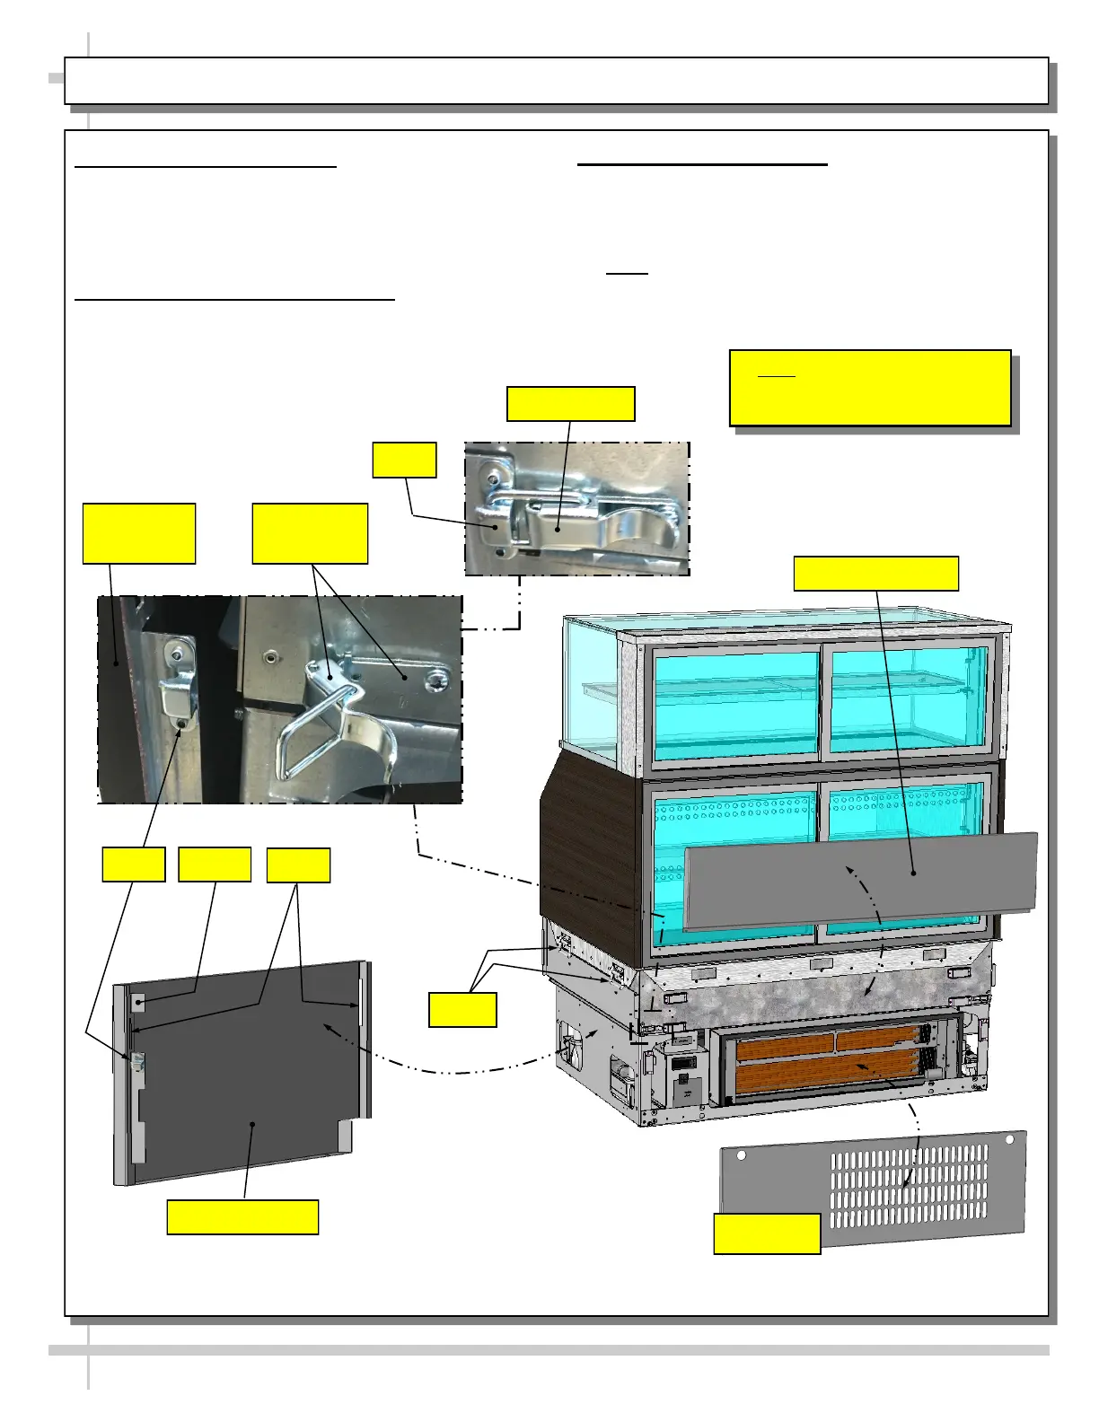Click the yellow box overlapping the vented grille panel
767,1233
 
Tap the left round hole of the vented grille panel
742,1155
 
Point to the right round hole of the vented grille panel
1009,1139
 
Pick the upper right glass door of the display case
909,699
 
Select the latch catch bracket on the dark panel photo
178,687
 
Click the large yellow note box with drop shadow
870,388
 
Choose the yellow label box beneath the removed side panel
242,1216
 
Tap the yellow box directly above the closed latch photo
571,404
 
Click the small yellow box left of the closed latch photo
404,460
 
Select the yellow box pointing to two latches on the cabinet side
462,1009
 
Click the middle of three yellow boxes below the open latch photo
215,865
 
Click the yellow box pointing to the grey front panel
875,574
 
